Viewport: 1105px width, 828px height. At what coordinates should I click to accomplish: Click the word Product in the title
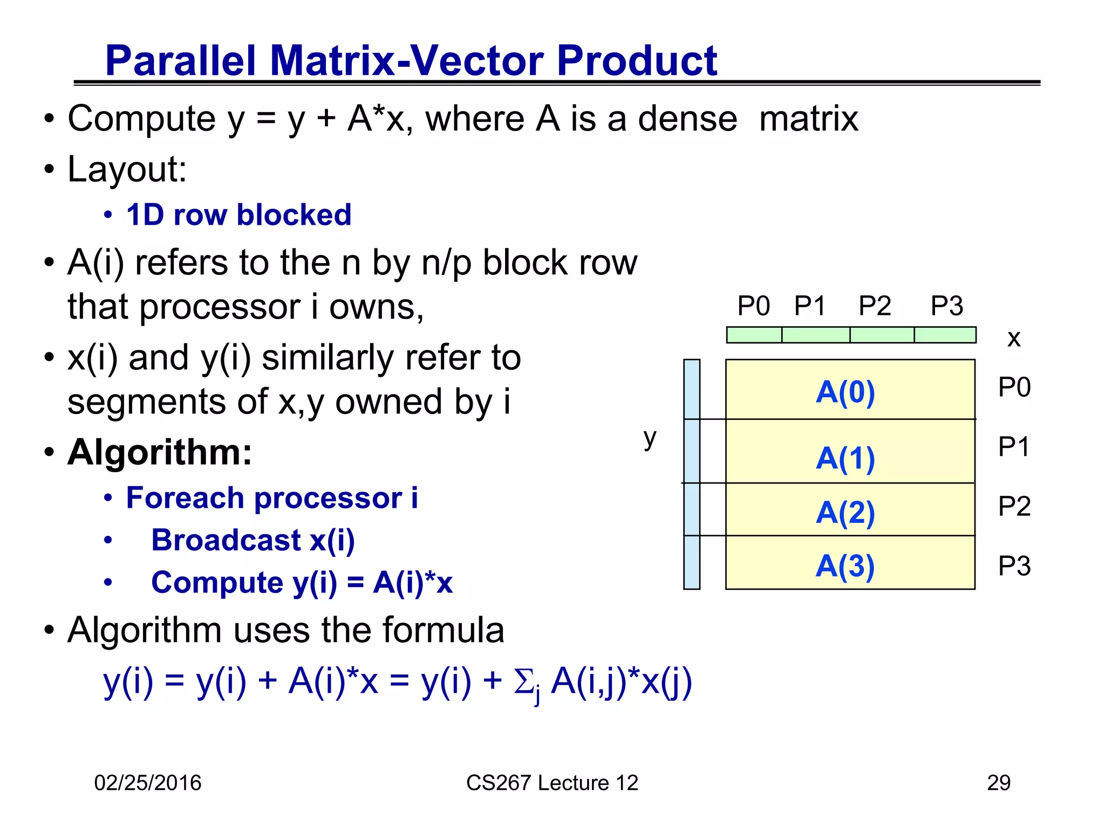click(x=637, y=60)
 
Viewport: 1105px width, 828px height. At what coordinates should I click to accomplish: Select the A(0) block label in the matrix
click(x=845, y=392)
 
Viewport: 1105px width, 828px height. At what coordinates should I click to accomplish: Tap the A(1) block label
click(x=845, y=459)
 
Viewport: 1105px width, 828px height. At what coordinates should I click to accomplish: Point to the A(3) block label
click(x=845, y=566)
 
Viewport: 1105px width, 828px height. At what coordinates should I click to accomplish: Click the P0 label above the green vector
click(x=753, y=306)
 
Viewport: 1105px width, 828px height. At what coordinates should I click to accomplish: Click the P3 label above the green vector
click(x=946, y=306)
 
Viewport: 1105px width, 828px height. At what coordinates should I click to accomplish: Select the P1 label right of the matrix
click(x=1014, y=447)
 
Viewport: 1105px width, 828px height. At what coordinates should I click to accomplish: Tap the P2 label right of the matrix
click(x=1014, y=506)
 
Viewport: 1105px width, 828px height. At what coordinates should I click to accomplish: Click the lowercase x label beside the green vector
click(x=1014, y=339)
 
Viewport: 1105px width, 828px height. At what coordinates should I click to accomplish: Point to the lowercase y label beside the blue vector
click(x=650, y=438)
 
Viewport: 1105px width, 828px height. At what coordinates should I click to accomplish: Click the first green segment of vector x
click(x=754, y=335)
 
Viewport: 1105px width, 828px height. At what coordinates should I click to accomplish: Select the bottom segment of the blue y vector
click(x=692, y=562)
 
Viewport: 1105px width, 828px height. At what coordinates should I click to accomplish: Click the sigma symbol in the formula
click(x=523, y=682)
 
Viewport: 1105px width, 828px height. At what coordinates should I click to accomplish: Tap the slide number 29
click(x=998, y=783)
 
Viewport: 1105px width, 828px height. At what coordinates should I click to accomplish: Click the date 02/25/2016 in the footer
click(x=147, y=783)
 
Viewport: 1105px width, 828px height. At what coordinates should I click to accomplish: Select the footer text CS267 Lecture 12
click(x=552, y=783)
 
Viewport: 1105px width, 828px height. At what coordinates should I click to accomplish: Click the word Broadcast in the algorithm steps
click(x=226, y=540)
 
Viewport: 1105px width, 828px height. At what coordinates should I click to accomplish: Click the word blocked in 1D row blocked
click(x=294, y=215)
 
